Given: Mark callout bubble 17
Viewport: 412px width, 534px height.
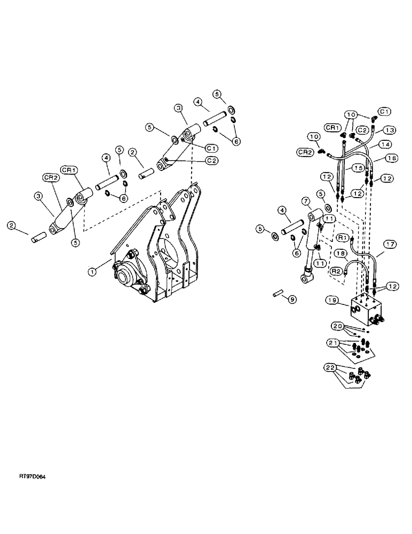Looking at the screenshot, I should (389, 244).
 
